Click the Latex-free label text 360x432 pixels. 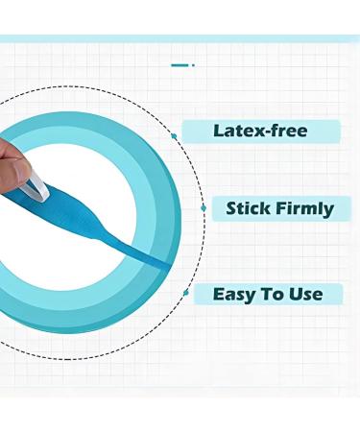point(261,132)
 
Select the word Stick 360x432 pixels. point(247,207)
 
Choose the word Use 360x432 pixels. point(306,294)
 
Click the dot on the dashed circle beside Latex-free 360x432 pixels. point(174,135)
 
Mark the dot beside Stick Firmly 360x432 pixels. point(203,206)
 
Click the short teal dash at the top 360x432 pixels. point(180,65)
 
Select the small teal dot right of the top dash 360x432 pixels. point(193,65)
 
